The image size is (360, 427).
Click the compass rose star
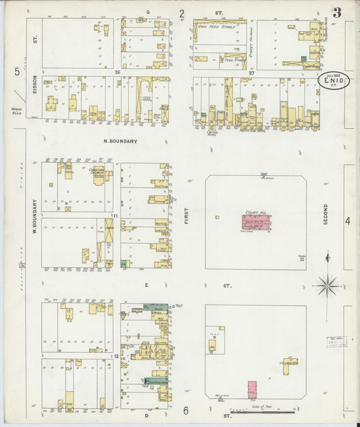click(328, 286)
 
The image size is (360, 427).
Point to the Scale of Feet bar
click(263, 411)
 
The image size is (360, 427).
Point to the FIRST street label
click(186, 216)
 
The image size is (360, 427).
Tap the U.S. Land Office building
click(290, 365)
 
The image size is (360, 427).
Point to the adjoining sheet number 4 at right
click(348, 221)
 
